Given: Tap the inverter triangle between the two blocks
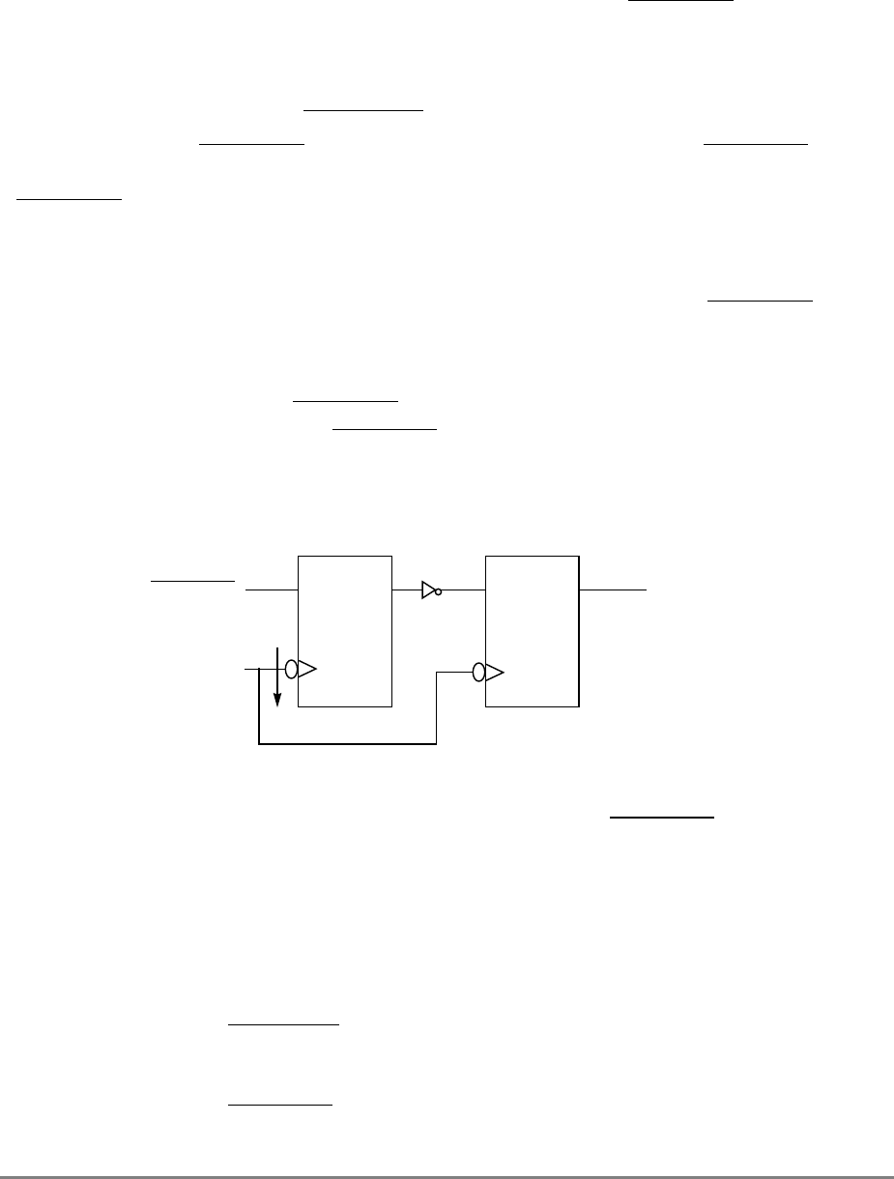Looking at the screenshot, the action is click(x=428, y=589).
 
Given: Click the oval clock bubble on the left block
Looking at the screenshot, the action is click(x=292, y=668).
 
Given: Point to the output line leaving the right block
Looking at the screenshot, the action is click(x=613, y=589).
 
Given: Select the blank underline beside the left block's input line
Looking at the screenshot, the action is click(x=192, y=581).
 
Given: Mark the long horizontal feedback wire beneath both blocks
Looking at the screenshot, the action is click(x=348, y=745).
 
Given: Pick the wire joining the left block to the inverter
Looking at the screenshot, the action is click(x=407, y=589).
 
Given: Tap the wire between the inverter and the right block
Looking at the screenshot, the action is click(x=464, y=589).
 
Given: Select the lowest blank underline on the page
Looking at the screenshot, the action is click(x=279, y=1104).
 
